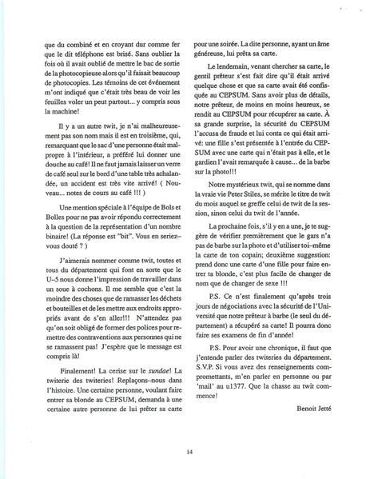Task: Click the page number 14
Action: [185, 451]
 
